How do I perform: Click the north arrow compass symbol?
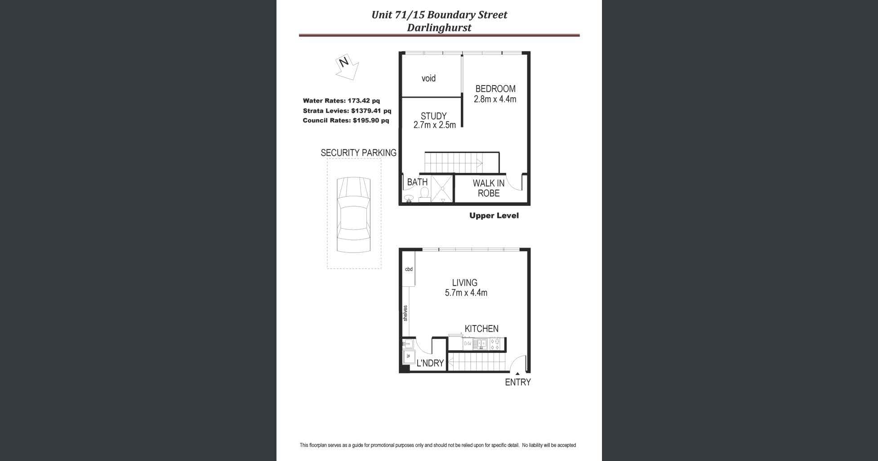pyautogui.click(x=347, y=67)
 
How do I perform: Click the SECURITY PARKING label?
pyautogui.click(x=358, y=153)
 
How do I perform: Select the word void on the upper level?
pyautogui.click(x=428, y=78)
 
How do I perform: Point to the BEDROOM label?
pyautogui.click(x=495, y=89)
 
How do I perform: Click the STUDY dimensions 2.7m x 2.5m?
pyautogui.click(x=434, y=125)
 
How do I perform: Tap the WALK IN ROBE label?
pyautogui.click(x=488, y=188)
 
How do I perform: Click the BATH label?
pyautogui.click(x=417, y=182)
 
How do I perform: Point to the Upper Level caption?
pyautogui.click(x=494, y=216)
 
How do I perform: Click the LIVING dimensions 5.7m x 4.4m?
pyautogui.click(x=466, y=293)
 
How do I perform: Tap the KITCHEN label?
pyautogui.click(x=481, y=329)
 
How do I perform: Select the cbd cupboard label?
pyautogui.click(x=409, y=269)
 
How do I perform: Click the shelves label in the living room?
pyautogui.click(x=406, y=313)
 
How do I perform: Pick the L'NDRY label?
pyautogui.click(x=430, y=363)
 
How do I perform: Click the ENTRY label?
pyautogui.click(x=518, y=382)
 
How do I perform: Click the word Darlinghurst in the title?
pyautogui.click(x=439, y=27)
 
